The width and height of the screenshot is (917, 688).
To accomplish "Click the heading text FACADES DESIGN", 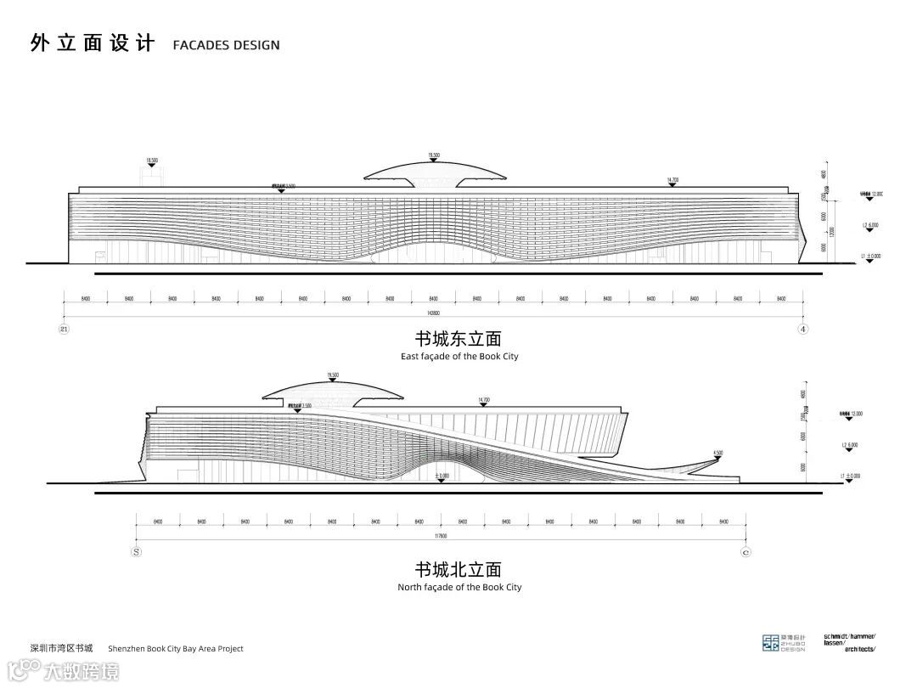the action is click(x=226, y=45).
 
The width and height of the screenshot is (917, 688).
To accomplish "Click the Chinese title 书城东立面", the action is click(x=458, y=339).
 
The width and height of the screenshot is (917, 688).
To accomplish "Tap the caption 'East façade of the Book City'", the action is click(x=459, y=357).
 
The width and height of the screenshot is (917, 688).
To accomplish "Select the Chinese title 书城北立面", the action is click(x=458, y=569).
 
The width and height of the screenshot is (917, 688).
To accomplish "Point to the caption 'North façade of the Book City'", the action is click(x=459, y=587).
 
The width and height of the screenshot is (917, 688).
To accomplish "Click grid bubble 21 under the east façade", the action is click(x=64, y=329).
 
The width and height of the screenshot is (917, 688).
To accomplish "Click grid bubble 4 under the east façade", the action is click(x=802, y=329).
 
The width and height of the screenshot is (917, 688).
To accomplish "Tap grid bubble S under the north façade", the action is click(x=136, y=551).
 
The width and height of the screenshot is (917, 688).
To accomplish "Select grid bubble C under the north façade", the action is click(x=745, y=551).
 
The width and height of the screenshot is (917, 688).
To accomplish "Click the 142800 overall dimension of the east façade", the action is click(x=433, y=313).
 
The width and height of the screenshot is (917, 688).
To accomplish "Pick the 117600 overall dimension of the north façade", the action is click(x=440, y=536).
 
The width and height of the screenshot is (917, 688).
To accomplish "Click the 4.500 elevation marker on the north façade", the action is click(x=717, y=453).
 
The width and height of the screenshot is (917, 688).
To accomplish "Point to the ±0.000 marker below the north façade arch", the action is click(x=442, y=477).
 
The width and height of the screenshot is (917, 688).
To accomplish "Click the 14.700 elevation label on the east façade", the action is click(x=672, y=180).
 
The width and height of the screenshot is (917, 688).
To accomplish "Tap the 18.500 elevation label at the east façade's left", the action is click(x=152, y=160).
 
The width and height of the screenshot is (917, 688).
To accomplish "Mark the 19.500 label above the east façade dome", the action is click(x=434, y=155).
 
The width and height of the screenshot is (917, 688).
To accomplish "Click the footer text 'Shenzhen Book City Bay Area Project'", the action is click(x=176, y=649).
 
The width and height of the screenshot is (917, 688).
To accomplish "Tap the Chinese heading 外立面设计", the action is click(x=93, y=43).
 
